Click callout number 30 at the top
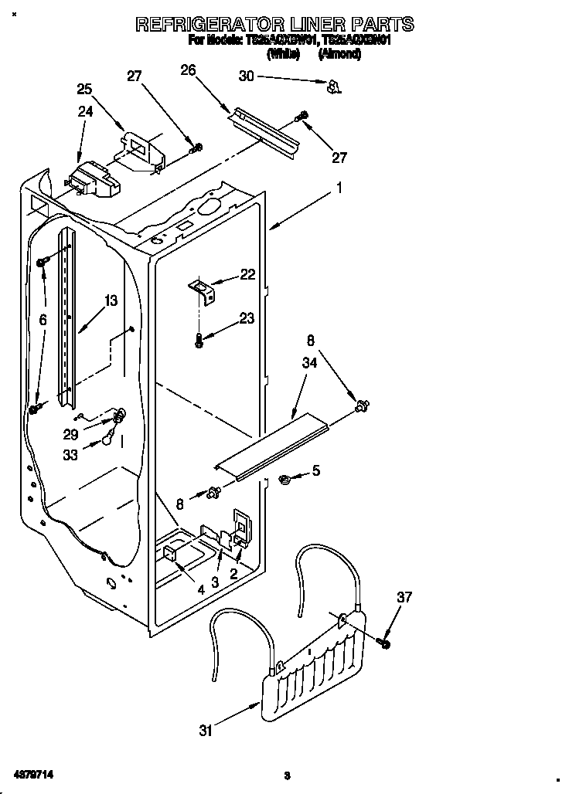click(x=246, y=76)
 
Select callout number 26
click(x=188, y=71)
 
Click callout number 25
click(x=84, y=89)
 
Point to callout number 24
click(x=85, y=111)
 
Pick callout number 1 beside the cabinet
click(x=339, y=186)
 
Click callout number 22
click(x=247, y=274)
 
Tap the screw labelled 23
click(x=199, y=340)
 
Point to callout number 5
click(x=315, y=470)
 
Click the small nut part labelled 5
click(x=284, y=480)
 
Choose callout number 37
click(x=405, y=597)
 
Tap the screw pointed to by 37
click(x=384, y=641)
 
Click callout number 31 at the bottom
click(x=205, y=730)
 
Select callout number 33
click(x=70, y=456)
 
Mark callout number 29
click(x=70, y=435)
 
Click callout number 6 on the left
click(x=43, y=319)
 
